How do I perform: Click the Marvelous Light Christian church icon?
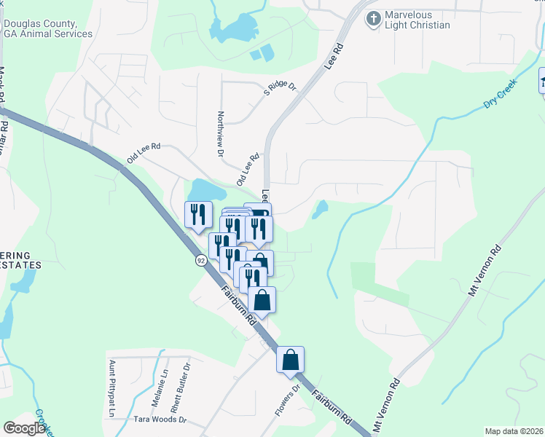click(x=373, y=18)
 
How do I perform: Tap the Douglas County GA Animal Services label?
click(x=48, y=28)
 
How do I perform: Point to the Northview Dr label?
click(x=220, y=134)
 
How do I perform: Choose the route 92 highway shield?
click(x=200, y=260)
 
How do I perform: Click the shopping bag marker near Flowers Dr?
click(x=290, y=359)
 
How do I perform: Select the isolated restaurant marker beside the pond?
click(x=197, y=214)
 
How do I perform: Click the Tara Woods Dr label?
click(x=160, y=420)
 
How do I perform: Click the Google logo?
click(x=25, y=428)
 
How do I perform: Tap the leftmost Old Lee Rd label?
click(x=143, y=153)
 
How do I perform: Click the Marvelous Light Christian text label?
click(x=418, y=20)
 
